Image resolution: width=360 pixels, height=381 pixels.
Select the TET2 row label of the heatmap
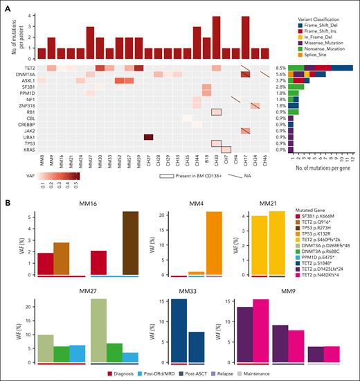click(x=26, y=68)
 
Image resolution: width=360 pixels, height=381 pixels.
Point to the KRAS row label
click(x=25, y=149)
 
